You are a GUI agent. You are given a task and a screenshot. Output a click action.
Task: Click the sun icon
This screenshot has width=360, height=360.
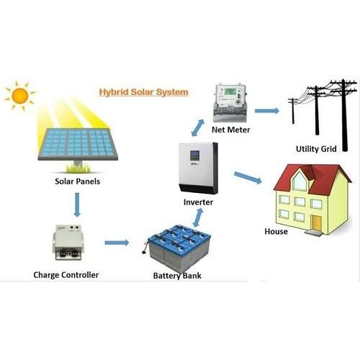pyautogui.click(x=20, y=96)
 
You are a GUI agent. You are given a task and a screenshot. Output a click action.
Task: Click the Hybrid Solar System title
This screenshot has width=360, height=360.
pyautogui.click(x=143, y=92)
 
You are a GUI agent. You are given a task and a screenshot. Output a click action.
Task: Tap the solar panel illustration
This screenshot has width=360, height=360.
pyautogui.click(x=78, y=145)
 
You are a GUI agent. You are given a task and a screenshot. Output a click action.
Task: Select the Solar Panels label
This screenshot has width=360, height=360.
pyautogui.click(x=77, y=181)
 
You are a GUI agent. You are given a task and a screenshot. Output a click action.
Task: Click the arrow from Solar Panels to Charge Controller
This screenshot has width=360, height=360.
pyautogui.click(x=77, y=204)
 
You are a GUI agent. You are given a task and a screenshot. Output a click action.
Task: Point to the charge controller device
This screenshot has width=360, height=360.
pyautogui.click(x=68, y=243)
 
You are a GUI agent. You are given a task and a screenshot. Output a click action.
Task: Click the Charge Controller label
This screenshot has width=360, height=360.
pyautogui.click(x=66, y=275)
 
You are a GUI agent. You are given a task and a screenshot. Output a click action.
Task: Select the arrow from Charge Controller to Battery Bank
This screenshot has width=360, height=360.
pyautogui.click(x=117, y=243)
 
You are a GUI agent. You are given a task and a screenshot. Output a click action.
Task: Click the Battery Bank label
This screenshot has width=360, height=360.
pyautogui.click(x=177, y=276)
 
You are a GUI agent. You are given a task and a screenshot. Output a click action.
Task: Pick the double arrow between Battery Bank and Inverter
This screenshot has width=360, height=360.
pyautogui.click(x=198, y=217)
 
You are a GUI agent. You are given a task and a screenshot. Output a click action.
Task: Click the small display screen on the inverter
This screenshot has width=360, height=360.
pyautogui.click(x=194, y=156)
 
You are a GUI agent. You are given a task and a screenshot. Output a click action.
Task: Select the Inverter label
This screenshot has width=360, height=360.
pyautogui.click(x=198, y=202)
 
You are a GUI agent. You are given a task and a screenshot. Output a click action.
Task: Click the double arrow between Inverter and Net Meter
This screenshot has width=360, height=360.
pyautogui.click(x=198, y=127)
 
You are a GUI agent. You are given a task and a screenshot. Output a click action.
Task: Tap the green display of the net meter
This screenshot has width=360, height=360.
pyautogui.click(x=229, y=91)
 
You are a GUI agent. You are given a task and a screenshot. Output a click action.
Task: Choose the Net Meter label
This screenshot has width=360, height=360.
pyautogui.click(x=231, y=130)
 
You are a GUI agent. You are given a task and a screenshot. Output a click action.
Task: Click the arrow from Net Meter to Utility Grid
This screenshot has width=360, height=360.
pyautogui.click(x=267, y=111)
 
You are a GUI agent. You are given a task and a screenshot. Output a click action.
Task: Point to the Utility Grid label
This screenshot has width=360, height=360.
pyautogui.click(x=316, y=149)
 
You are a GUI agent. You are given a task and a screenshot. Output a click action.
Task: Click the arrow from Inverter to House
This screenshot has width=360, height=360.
pyautogui.click(x=248, y=178)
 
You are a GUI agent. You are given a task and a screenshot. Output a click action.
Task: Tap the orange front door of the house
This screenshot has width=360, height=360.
pyautogui.click(x=316, y=222)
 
